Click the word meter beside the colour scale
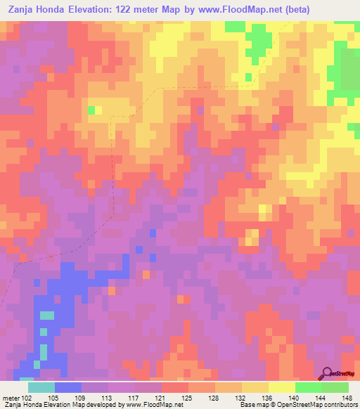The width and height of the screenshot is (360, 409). (x=11, y=397)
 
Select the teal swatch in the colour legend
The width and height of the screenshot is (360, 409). (x=41, y=387)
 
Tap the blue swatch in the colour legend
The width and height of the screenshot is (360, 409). (x=68, y=387)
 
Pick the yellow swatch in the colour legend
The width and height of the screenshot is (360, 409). (x=282, y=387)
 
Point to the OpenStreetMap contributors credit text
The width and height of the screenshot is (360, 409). (x=320, y=405)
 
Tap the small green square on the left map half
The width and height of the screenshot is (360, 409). (x=91, y=110)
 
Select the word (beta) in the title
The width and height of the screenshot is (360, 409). (x=292, y=9)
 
